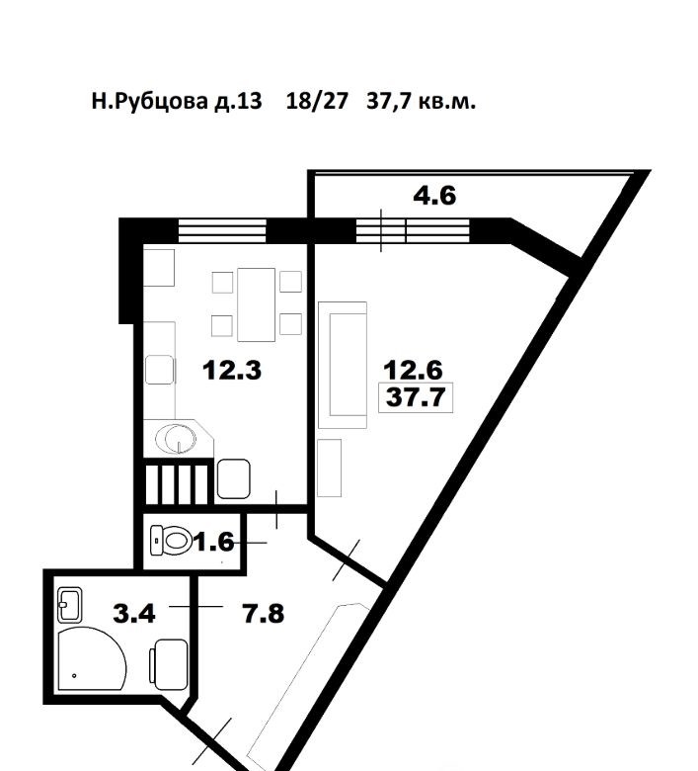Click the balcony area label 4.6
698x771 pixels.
434,196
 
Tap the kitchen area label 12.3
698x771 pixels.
232,370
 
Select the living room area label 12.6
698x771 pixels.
413,370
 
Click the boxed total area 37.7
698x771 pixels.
416,397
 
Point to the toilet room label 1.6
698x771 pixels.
214,543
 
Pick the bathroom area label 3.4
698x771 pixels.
134,614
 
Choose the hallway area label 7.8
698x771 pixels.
264,614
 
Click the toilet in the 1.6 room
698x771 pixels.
171,541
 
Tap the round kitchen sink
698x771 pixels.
177,437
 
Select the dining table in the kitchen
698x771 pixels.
256,304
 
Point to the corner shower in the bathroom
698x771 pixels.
93,658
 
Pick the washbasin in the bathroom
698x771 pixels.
70,604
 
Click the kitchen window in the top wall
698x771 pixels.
222,231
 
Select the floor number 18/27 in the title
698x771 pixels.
317,101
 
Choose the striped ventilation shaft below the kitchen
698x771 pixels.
178,483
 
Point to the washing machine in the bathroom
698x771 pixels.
169,664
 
